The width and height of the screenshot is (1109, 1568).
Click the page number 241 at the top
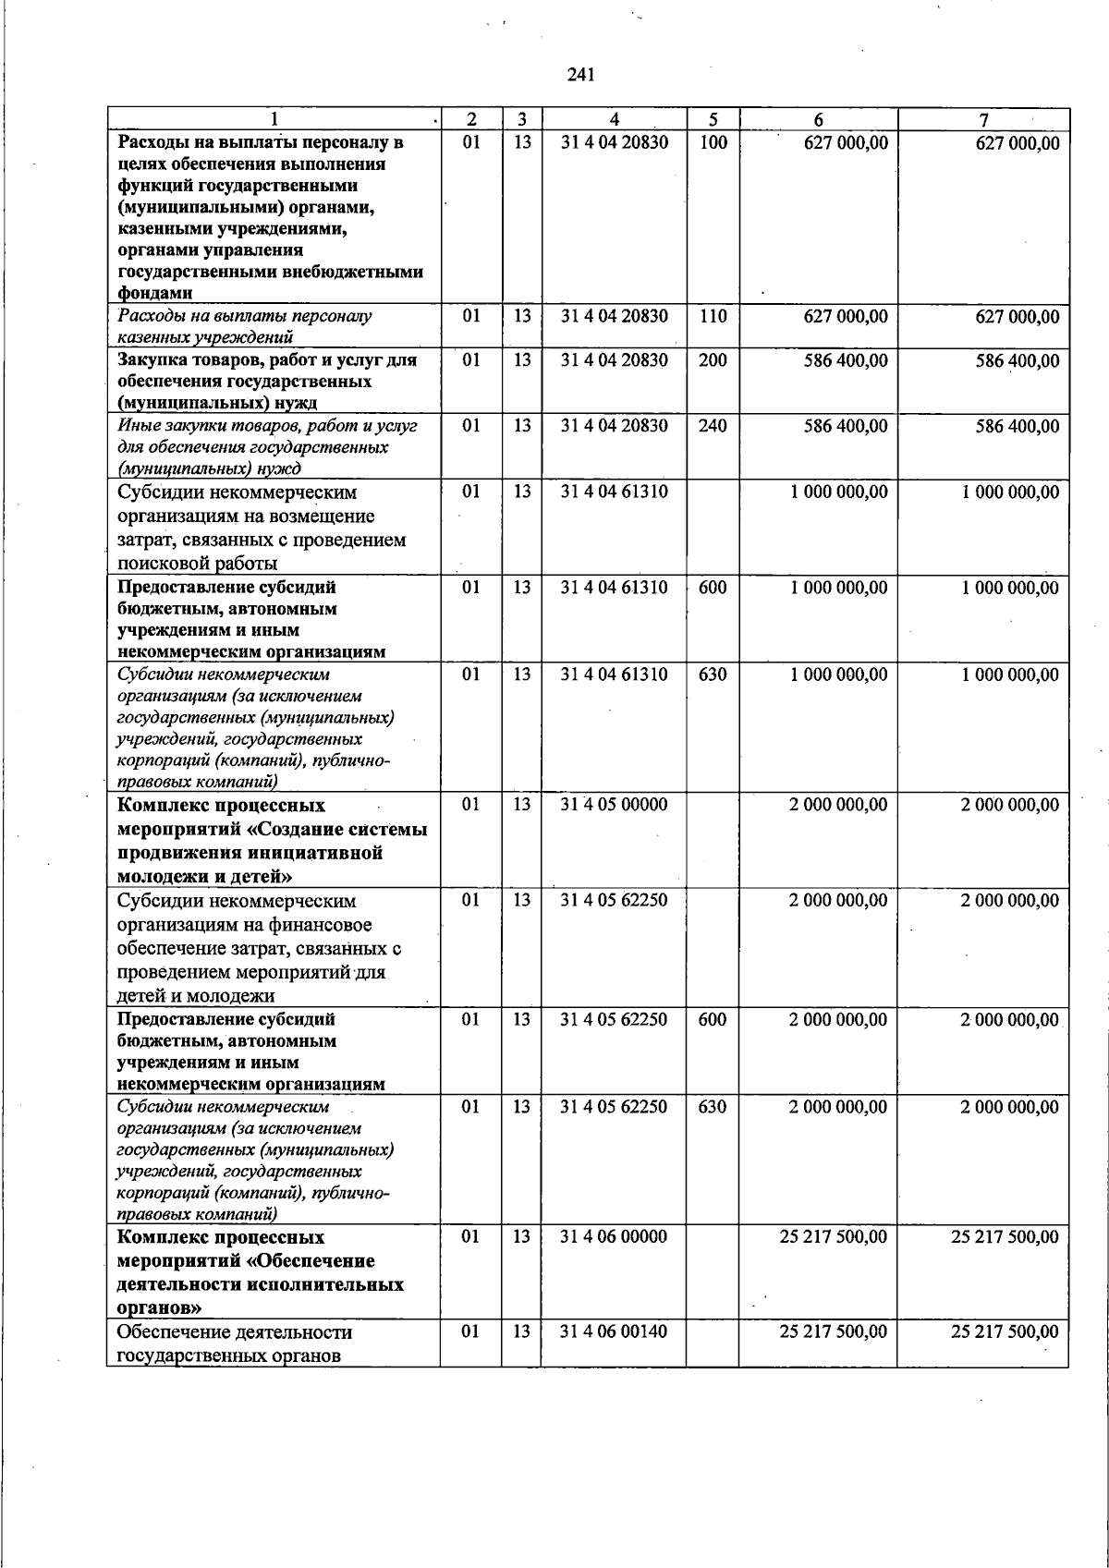pos(580,75)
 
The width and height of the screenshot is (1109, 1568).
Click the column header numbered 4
pos(615,119)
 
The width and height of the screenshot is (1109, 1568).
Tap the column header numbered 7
pos(983,119)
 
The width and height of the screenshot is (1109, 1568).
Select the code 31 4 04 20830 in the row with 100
pos(615,142)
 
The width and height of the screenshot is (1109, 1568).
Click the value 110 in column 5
pos(713,316)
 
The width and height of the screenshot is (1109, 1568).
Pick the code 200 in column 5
pos(713,360)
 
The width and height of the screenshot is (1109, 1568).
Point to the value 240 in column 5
pos(713,426)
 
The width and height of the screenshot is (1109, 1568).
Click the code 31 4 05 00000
pos(615,805)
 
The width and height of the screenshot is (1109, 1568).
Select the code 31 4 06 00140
pos(615,1331)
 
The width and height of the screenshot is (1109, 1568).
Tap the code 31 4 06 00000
pos(615,1236)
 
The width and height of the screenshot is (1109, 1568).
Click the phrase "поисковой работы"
pos(200,564)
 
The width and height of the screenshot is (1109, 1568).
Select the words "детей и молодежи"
pos(196,996)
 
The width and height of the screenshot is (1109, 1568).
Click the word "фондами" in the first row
pos(155,294)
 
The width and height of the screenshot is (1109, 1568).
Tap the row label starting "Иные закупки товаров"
pos(267,446)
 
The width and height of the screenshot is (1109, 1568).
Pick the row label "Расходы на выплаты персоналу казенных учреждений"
pos(245,326)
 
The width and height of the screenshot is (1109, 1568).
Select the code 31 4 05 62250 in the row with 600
pos(615,1020)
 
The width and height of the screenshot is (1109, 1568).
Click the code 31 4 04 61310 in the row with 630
pos(615,675)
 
